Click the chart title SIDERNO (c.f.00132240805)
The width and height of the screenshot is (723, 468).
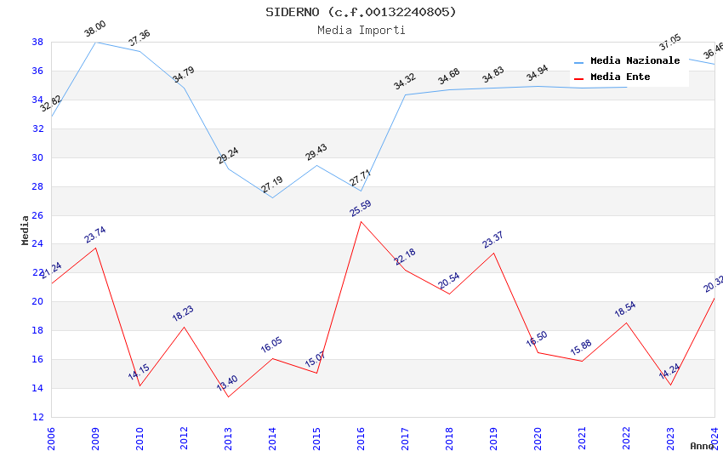point(361,12)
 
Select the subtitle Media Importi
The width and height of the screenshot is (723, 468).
point(361,30)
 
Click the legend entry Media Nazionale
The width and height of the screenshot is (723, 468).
point(635,61)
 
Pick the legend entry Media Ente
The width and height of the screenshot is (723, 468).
point(620,77)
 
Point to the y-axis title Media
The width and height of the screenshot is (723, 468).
point(26,230)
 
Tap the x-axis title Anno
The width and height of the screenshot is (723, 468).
point(702,446)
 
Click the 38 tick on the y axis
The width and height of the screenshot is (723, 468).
point(37,42)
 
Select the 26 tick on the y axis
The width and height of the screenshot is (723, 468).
point(37,215)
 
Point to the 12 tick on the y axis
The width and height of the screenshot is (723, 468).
point(37,417)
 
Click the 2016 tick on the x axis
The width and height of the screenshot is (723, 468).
point(361,437)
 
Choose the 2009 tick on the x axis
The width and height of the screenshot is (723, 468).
point(95,437)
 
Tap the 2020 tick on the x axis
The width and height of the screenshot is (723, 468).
point(538,437)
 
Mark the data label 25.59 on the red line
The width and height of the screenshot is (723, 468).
point(361,208)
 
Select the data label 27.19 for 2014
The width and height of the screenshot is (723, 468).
point(272,185)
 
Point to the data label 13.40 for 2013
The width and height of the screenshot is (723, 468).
point(227,384)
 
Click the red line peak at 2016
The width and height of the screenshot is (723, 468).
point(361,221)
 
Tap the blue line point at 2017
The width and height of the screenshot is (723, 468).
point(405,94)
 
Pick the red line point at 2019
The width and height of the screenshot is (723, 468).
point(493,253)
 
